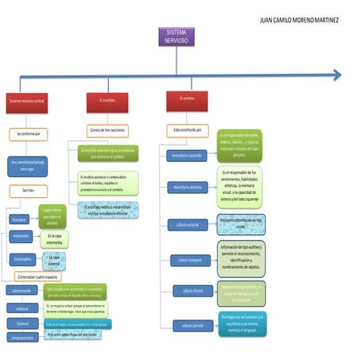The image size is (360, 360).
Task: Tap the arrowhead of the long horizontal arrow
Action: click(x=337, y=75)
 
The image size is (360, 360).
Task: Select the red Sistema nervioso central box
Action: click(x=27, y=102)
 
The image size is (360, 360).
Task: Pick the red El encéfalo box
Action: click(x=107, y=102)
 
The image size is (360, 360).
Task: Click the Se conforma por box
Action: click(x=29, y=134)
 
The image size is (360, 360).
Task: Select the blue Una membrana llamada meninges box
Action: click(x=27, y=165)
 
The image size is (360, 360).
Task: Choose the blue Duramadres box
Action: click(x=21, y=258)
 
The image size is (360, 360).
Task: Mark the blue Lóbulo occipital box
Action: click(x=188, y=225)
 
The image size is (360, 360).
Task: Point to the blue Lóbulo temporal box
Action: click(x=191, y=259)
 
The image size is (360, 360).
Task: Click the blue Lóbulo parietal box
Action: click(x=193, y=326)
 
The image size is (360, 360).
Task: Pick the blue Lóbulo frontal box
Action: click(x=193, y=292)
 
